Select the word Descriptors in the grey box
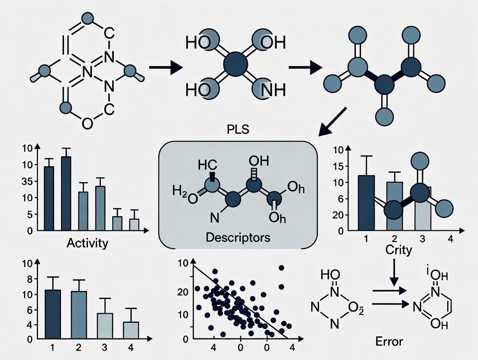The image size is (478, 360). click(238, 238)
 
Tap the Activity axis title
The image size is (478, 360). click(87, 243)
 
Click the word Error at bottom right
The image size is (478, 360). click(389, 341)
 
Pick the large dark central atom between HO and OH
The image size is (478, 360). click(236, 66)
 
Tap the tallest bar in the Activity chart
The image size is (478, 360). click(66, 193)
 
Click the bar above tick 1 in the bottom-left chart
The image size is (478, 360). click(53, 314)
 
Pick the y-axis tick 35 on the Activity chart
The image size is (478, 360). click(27, 182)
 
